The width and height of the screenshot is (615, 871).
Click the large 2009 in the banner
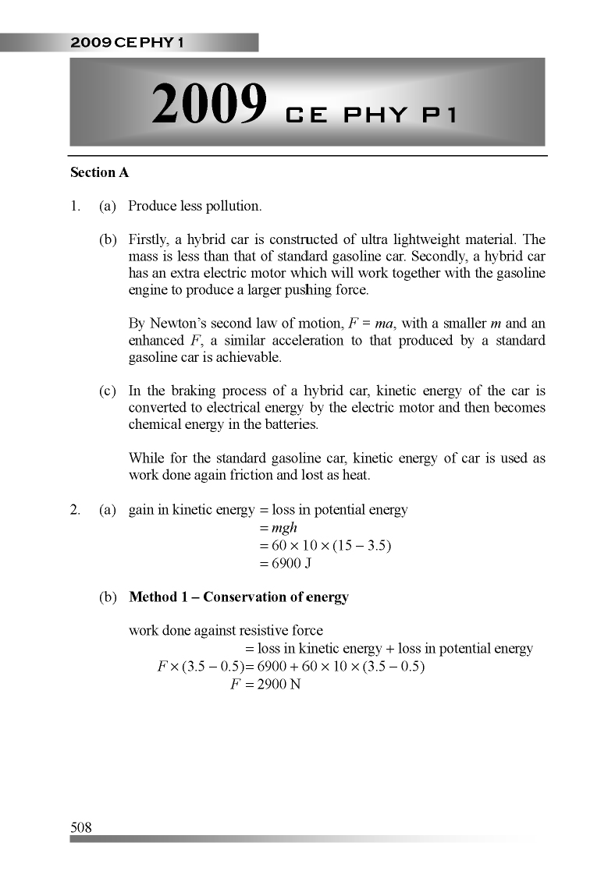tap(209, 106)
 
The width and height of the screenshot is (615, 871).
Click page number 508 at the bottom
tap(81, 827)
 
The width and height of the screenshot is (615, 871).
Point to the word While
tap(146, 459)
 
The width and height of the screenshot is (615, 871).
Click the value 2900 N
tap(279, 684)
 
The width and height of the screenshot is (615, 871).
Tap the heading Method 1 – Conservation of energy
tap(238, 597)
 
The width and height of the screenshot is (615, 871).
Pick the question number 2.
tap(75, 511)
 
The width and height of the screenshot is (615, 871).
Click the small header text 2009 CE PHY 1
tap(126, 43)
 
